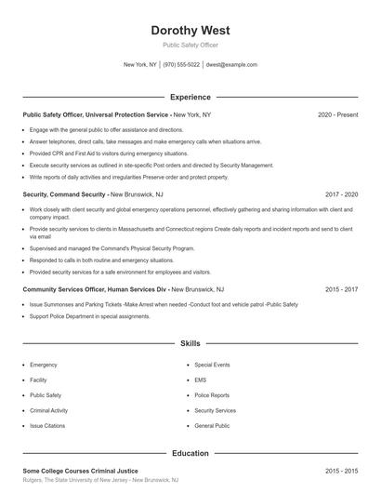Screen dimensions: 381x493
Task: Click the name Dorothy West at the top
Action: click(190, 30)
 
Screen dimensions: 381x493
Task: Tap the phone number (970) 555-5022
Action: click(181, 65)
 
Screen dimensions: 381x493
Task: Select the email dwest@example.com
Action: click(230, 65)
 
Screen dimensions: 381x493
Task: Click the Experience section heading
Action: click(190, 97)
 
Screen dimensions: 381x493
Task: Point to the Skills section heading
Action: click(190, 343)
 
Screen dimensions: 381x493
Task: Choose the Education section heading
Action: click(190, 453)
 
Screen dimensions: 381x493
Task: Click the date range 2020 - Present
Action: click(337, 114)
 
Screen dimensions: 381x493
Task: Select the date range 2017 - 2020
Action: click(341, 194)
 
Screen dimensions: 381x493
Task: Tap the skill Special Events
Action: click(212, 365)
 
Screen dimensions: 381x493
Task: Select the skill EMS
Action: click(201, 380)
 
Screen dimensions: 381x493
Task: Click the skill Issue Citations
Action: click(48, 424)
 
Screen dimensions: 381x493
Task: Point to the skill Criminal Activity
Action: click(49, 409)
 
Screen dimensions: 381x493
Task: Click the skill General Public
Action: click(212, 424)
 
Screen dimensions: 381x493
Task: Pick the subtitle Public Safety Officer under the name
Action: click(190, 44)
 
